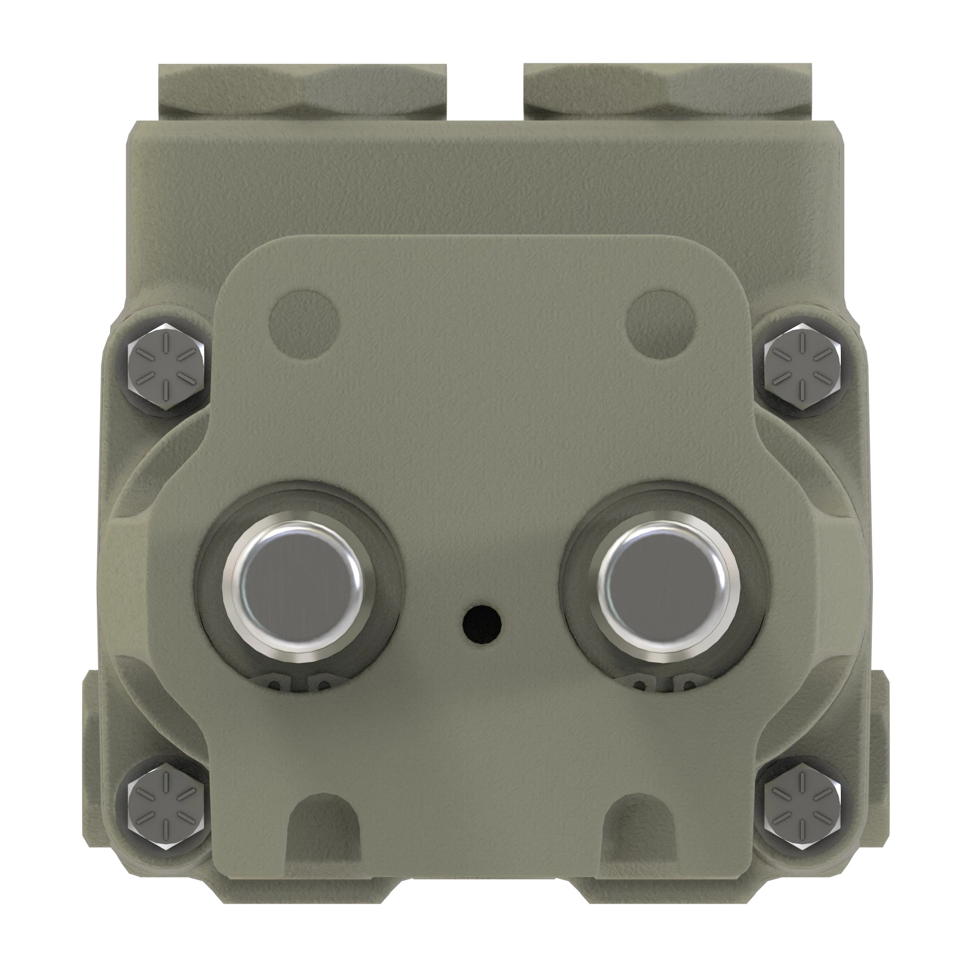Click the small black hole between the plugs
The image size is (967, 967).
point(482,624)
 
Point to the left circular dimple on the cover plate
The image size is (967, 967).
point(304,322)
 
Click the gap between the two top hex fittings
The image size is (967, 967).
point(485,93)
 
